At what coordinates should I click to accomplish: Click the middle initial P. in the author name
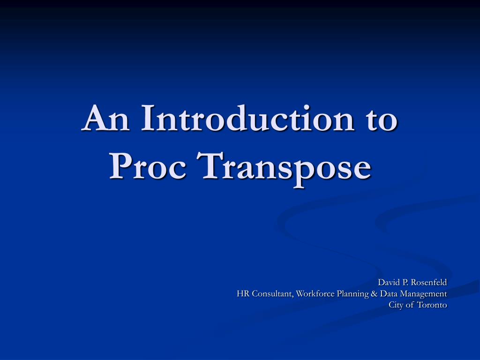(x=405, y=282)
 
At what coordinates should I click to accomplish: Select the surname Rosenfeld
(x=429, y=282)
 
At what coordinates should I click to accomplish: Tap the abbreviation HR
(x=243, y=294)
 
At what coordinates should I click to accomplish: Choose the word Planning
(x=354, y=294)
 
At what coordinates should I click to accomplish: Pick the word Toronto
(x=433, y=305)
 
